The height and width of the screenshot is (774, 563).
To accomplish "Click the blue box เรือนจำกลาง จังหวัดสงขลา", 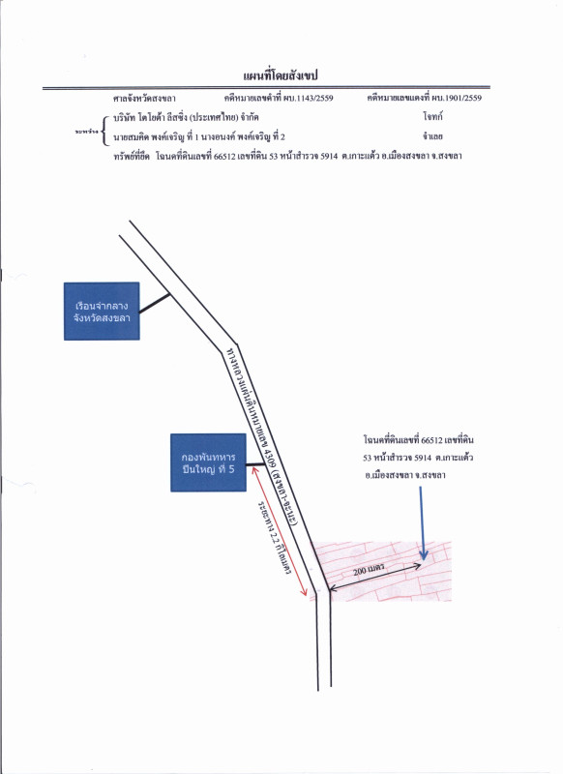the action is pos(101,310).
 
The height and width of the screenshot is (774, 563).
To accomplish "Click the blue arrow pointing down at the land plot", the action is pos(421,522).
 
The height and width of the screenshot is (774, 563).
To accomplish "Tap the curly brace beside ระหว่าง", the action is pos(104,126).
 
